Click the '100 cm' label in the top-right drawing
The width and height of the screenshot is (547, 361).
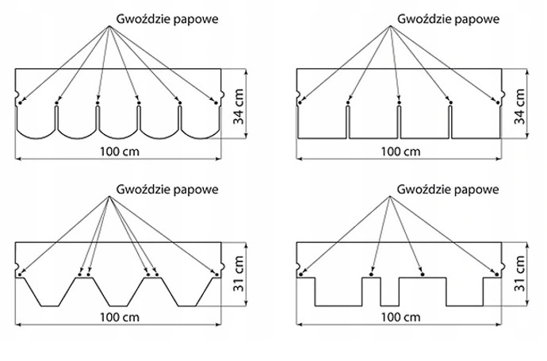[399, 152]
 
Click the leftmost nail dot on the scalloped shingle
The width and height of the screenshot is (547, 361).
[19, 102]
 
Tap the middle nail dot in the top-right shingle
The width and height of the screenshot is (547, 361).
[399, 102]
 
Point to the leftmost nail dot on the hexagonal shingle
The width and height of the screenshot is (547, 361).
[19, 275]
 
